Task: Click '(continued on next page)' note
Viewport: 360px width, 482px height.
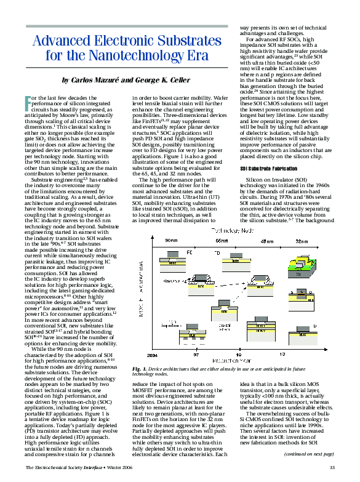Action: [x=308, y=454]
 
